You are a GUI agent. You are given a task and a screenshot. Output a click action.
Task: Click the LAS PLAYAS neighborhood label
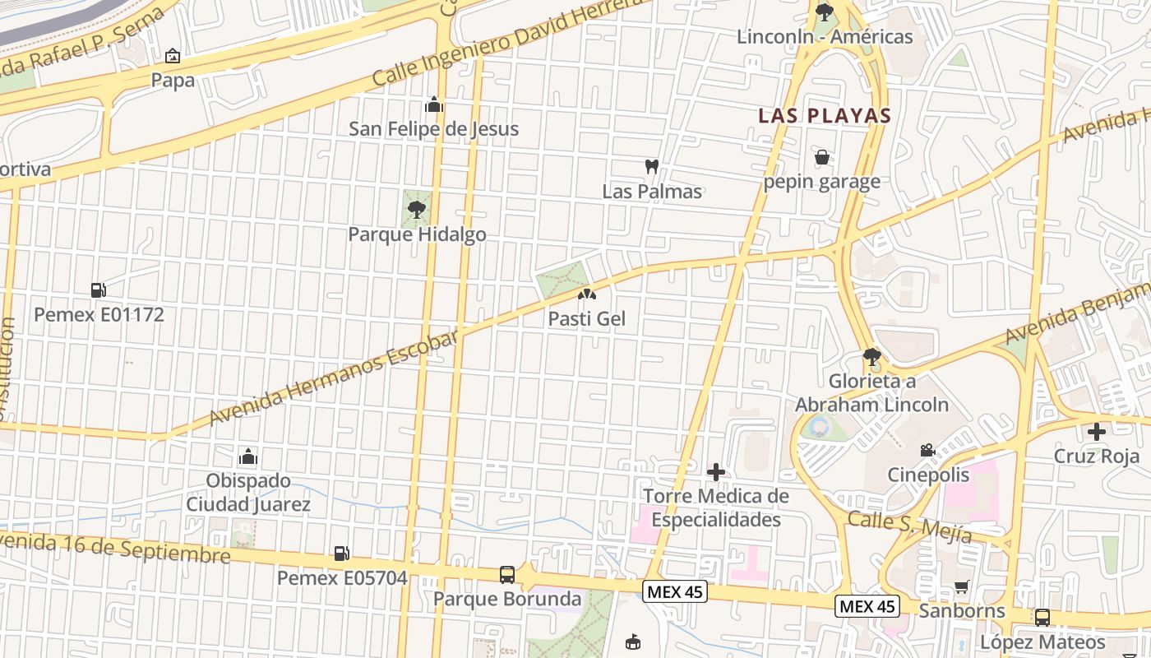825,115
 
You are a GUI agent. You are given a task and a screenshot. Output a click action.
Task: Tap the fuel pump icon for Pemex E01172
98,290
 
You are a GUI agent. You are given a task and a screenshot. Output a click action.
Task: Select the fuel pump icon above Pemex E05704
341,554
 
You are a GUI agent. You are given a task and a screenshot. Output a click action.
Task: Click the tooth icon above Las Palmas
652,167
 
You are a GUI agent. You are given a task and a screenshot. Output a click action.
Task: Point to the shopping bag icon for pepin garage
821,157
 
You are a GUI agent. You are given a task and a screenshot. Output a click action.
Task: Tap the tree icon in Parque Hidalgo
417,209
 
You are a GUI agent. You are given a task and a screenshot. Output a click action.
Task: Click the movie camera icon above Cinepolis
928,450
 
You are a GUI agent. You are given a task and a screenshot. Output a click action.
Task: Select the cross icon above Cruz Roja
1097,431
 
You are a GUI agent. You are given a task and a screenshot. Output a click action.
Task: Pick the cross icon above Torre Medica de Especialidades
716,471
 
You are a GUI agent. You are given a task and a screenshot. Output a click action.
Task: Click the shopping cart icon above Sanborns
962,586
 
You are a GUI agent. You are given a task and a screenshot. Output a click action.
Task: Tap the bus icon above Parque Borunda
507,574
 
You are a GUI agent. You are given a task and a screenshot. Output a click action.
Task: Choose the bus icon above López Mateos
1042,617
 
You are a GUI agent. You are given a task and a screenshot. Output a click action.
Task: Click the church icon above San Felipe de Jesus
433,104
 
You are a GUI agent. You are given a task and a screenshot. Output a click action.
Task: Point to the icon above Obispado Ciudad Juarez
247,456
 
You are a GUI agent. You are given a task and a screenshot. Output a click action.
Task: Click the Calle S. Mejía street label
909,526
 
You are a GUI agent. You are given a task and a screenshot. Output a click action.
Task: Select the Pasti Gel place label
587,318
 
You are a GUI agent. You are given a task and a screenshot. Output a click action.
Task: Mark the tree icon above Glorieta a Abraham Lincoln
871,357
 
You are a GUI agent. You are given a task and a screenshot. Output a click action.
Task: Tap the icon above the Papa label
173,56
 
